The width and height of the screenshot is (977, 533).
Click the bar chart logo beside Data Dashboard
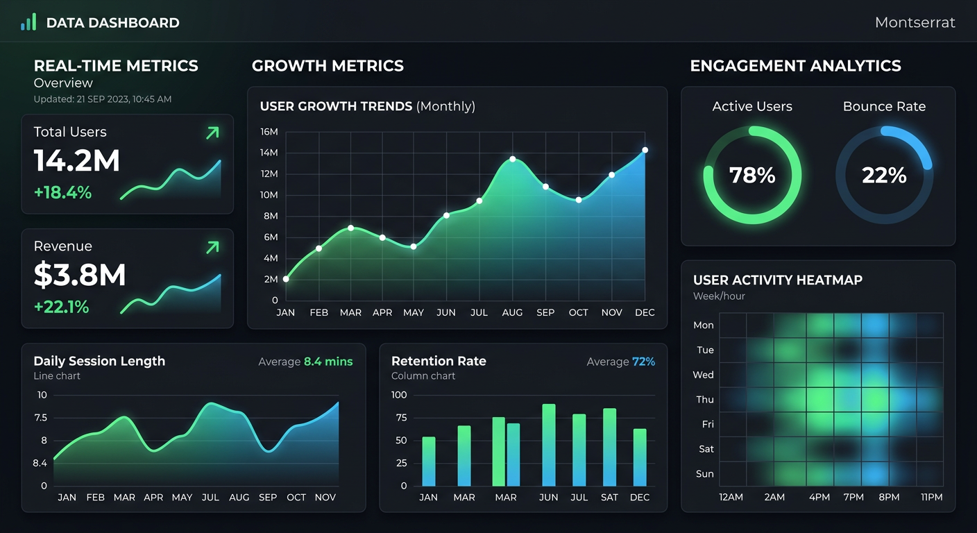pos(28,22)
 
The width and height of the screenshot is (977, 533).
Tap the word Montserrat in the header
pos(915,22)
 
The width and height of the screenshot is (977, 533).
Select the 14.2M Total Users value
pos(77,161)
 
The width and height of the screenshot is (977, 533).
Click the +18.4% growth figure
pos(62,192)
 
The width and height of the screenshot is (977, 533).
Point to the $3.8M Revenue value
pos(80,275)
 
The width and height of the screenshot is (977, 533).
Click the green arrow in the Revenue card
pos(212,246)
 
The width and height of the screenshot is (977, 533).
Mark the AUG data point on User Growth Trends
pos(512,159)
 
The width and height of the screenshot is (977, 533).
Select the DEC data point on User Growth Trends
pos(645,150)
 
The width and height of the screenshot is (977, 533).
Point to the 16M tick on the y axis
pos(269,132)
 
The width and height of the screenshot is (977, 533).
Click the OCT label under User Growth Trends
pos(578,313)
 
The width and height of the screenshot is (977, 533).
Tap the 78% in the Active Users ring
pos(752,175)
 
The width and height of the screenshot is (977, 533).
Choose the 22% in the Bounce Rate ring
pos(884,175)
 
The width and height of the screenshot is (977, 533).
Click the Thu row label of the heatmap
pos(704,400)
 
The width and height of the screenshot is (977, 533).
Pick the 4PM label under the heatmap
pos(819,497)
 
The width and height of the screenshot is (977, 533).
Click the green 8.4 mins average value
pos(328,362)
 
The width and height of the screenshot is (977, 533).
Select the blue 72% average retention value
pos(643,362)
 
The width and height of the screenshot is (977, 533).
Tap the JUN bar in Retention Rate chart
pos(549,445)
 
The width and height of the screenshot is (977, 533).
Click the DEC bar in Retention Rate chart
pos(640,457)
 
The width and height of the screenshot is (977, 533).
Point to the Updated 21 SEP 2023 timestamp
pos(103,99)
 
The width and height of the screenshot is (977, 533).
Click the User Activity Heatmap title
pos(777,280)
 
